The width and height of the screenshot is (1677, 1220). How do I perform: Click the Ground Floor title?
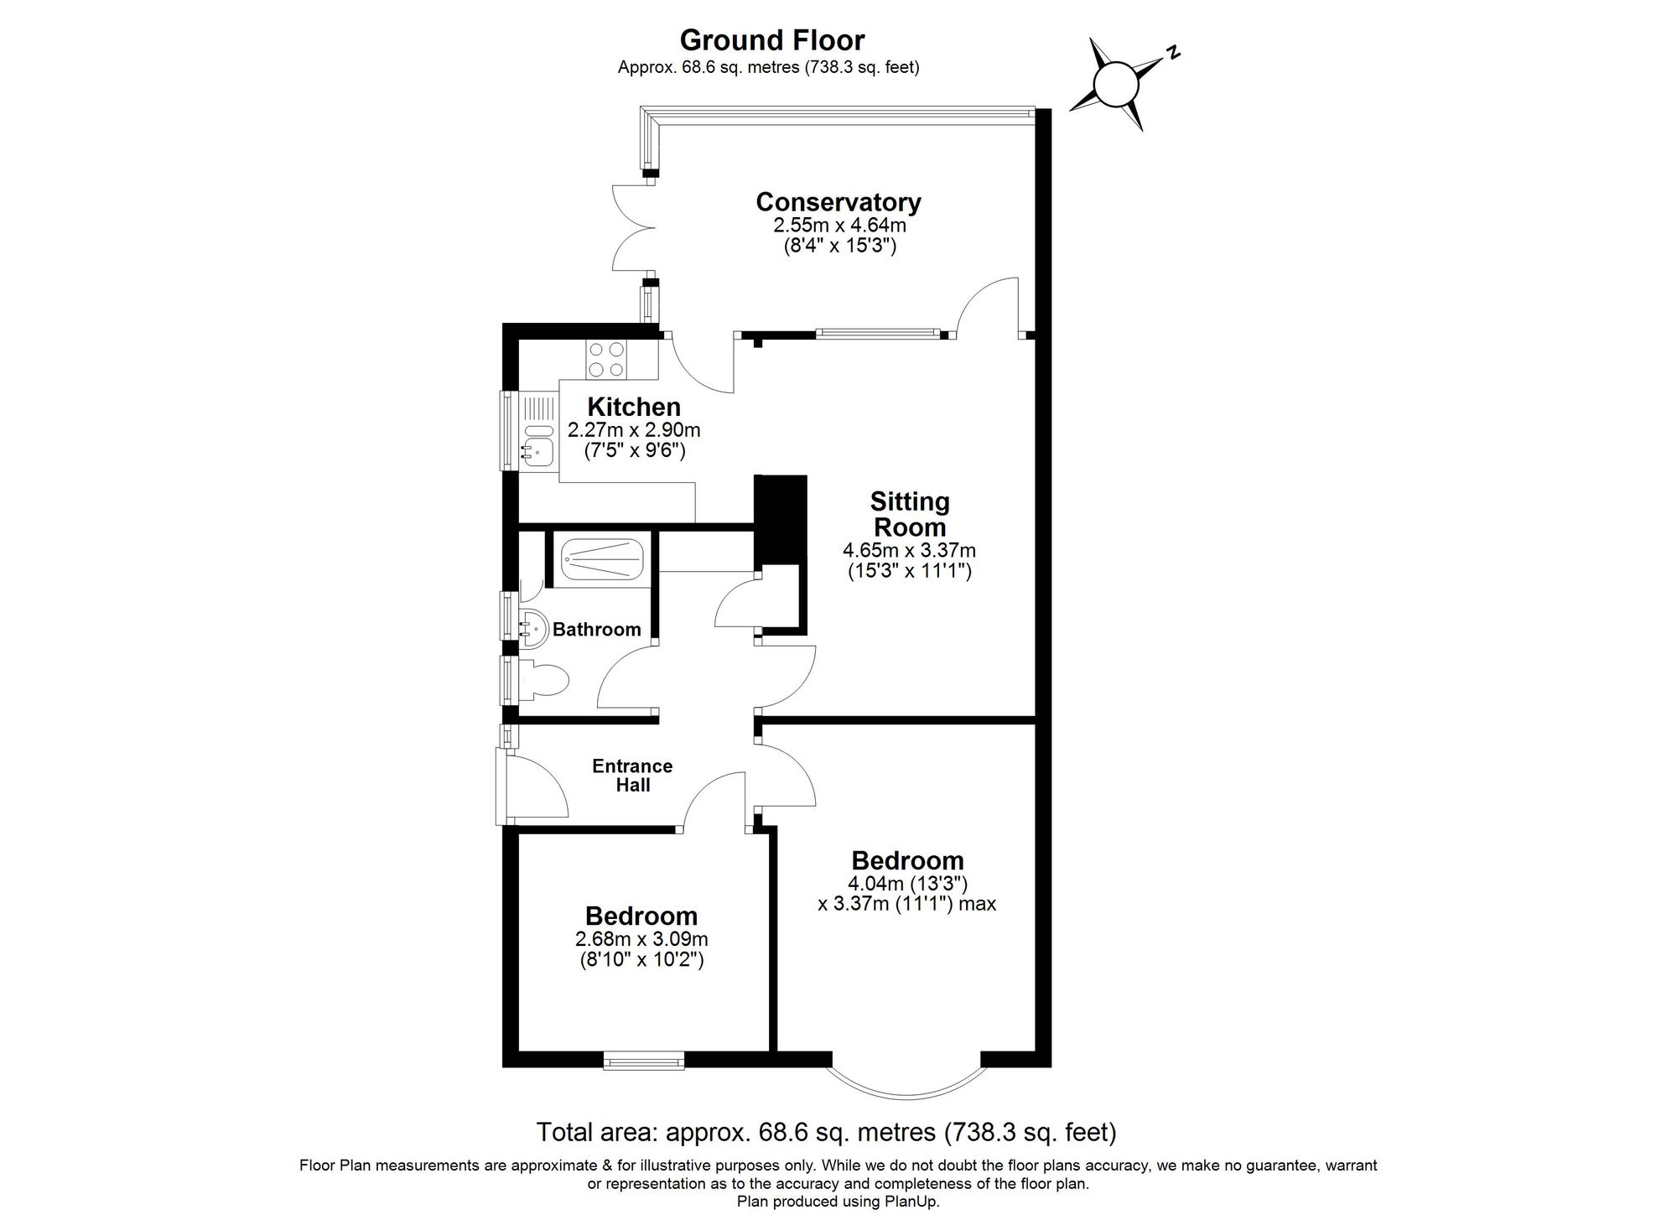tap(771, 40)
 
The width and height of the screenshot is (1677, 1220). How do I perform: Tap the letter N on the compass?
tap(1174, 53)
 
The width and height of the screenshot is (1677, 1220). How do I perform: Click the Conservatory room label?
tap(838, 202)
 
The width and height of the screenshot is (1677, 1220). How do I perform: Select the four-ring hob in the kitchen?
tap(606, 359)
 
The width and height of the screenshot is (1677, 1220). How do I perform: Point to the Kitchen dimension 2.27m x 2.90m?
tap(634, 430)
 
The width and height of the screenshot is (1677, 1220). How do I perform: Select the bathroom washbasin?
tap(533, 626)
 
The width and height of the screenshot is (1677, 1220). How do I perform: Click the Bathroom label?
tap(596, 629)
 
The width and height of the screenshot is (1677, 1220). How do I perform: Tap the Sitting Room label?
tap(909, 514)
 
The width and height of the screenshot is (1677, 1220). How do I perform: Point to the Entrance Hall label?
tap(632, 775)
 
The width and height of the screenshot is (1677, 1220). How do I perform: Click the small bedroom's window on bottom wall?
tap(643, 1062)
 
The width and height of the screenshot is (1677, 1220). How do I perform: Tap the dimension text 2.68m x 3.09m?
tap(641, 939)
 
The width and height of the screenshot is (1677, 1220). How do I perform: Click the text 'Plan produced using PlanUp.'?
tap(838, 1202)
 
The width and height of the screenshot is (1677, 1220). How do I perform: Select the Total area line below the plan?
tap(826, 1132)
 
